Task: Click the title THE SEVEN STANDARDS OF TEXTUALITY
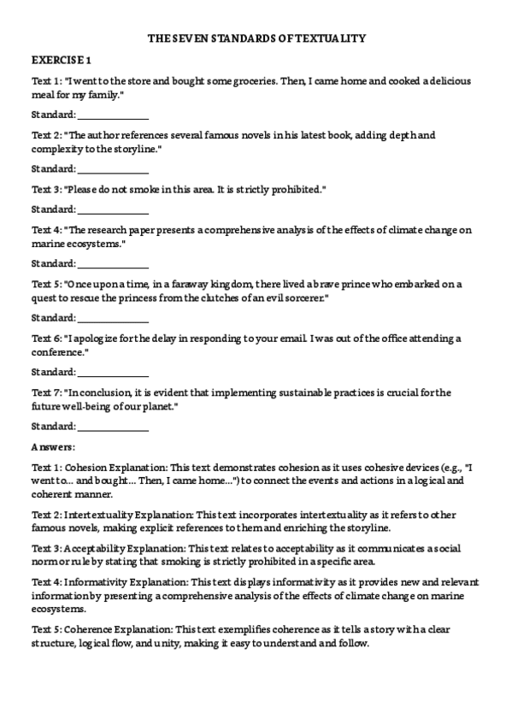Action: point(256,38)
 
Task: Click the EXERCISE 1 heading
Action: point(61,60)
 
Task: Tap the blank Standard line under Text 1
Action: point(113,115)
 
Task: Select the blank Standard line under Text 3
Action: point(113,209)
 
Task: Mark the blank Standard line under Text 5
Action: point(113,318)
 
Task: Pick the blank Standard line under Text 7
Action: point(113,427)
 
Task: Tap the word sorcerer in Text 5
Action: point(302,298)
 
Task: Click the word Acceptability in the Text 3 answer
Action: point(96,548)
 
